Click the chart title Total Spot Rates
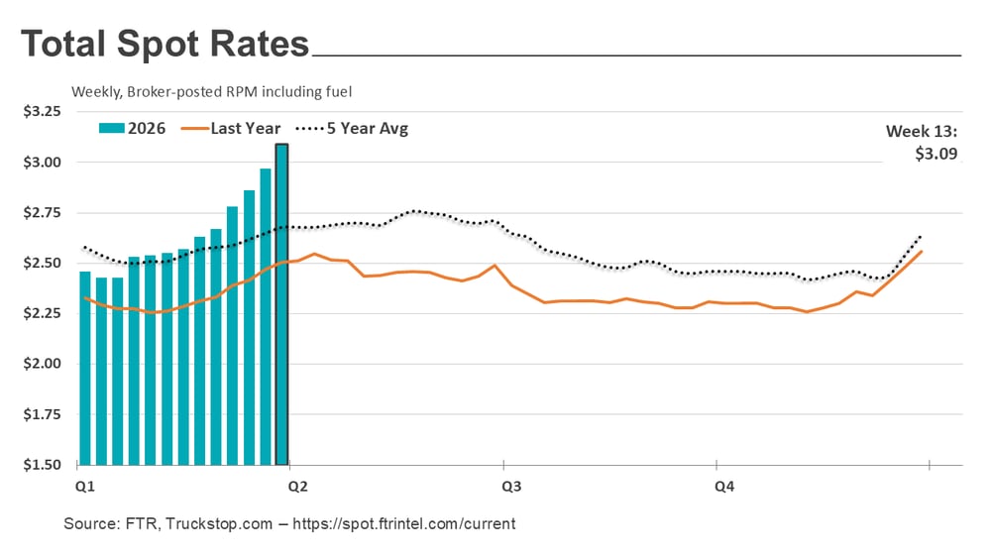[165, 45]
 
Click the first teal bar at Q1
[85, 368]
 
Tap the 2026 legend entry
[135, 128]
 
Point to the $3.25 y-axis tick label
[43, 112]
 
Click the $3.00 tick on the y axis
[43, 163]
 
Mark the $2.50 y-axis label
[43, 264]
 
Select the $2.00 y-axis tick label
[43, 364]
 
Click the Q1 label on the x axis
[84, 487]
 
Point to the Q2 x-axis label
[296, 487]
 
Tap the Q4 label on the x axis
[725, 487]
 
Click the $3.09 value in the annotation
[936, 154]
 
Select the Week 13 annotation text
[921, 131]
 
